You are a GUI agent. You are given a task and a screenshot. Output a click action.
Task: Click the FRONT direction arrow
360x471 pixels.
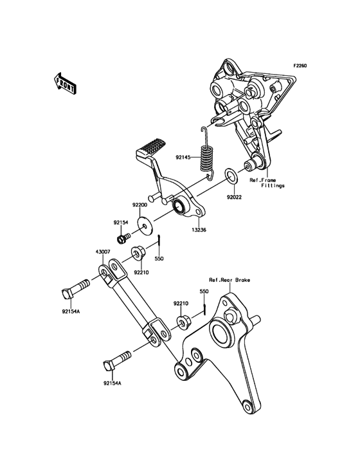tap(65, 82)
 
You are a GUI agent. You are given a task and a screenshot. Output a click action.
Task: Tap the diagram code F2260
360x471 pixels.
tap(300, 65)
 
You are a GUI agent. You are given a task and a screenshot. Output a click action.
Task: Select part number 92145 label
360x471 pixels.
tap(183, 157)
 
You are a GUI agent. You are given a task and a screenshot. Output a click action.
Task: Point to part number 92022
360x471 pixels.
tap(234, 198)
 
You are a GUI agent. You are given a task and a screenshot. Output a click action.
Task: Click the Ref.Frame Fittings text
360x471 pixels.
tap(267, 183)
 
